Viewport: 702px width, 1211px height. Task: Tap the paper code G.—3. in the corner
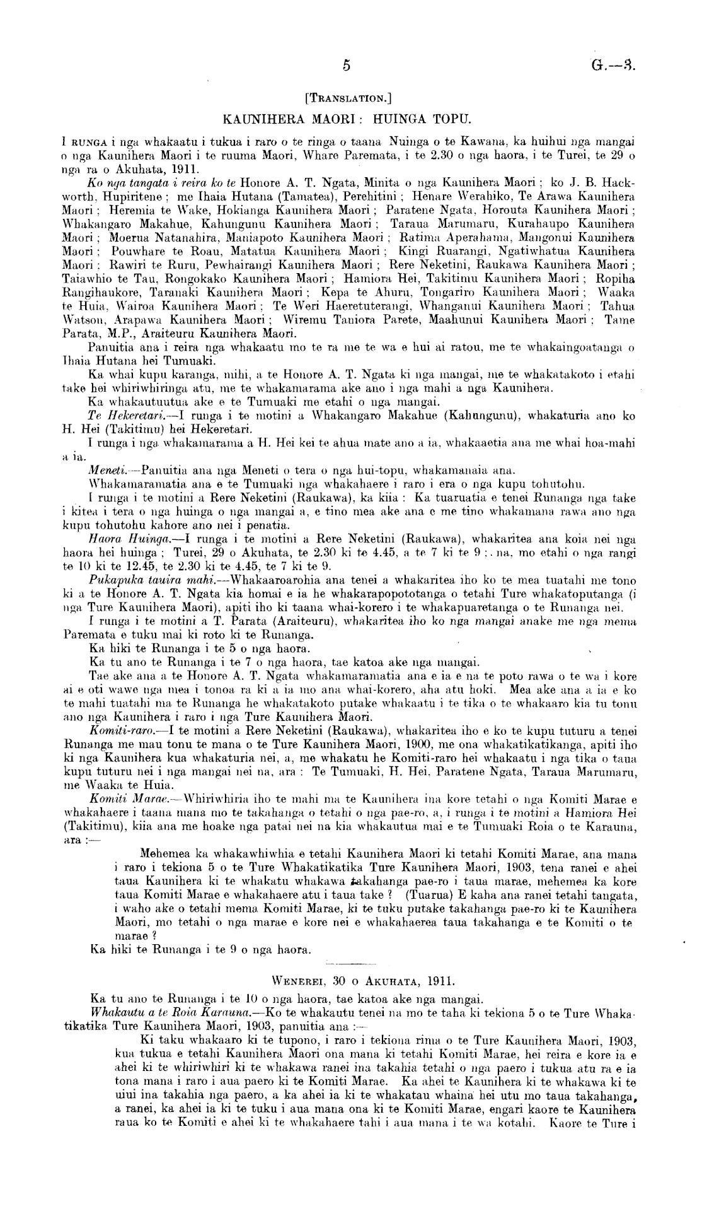[612, 64]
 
